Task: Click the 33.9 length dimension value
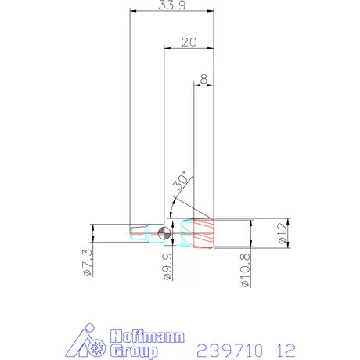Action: [x=171, y=5]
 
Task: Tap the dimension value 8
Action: [x=203, y=78]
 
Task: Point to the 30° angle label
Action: [x=181, y=183]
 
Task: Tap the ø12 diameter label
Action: [x=283, y=232]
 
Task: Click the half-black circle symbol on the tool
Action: [x=164, y=232]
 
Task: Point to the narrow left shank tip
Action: [x=137, y=232]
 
